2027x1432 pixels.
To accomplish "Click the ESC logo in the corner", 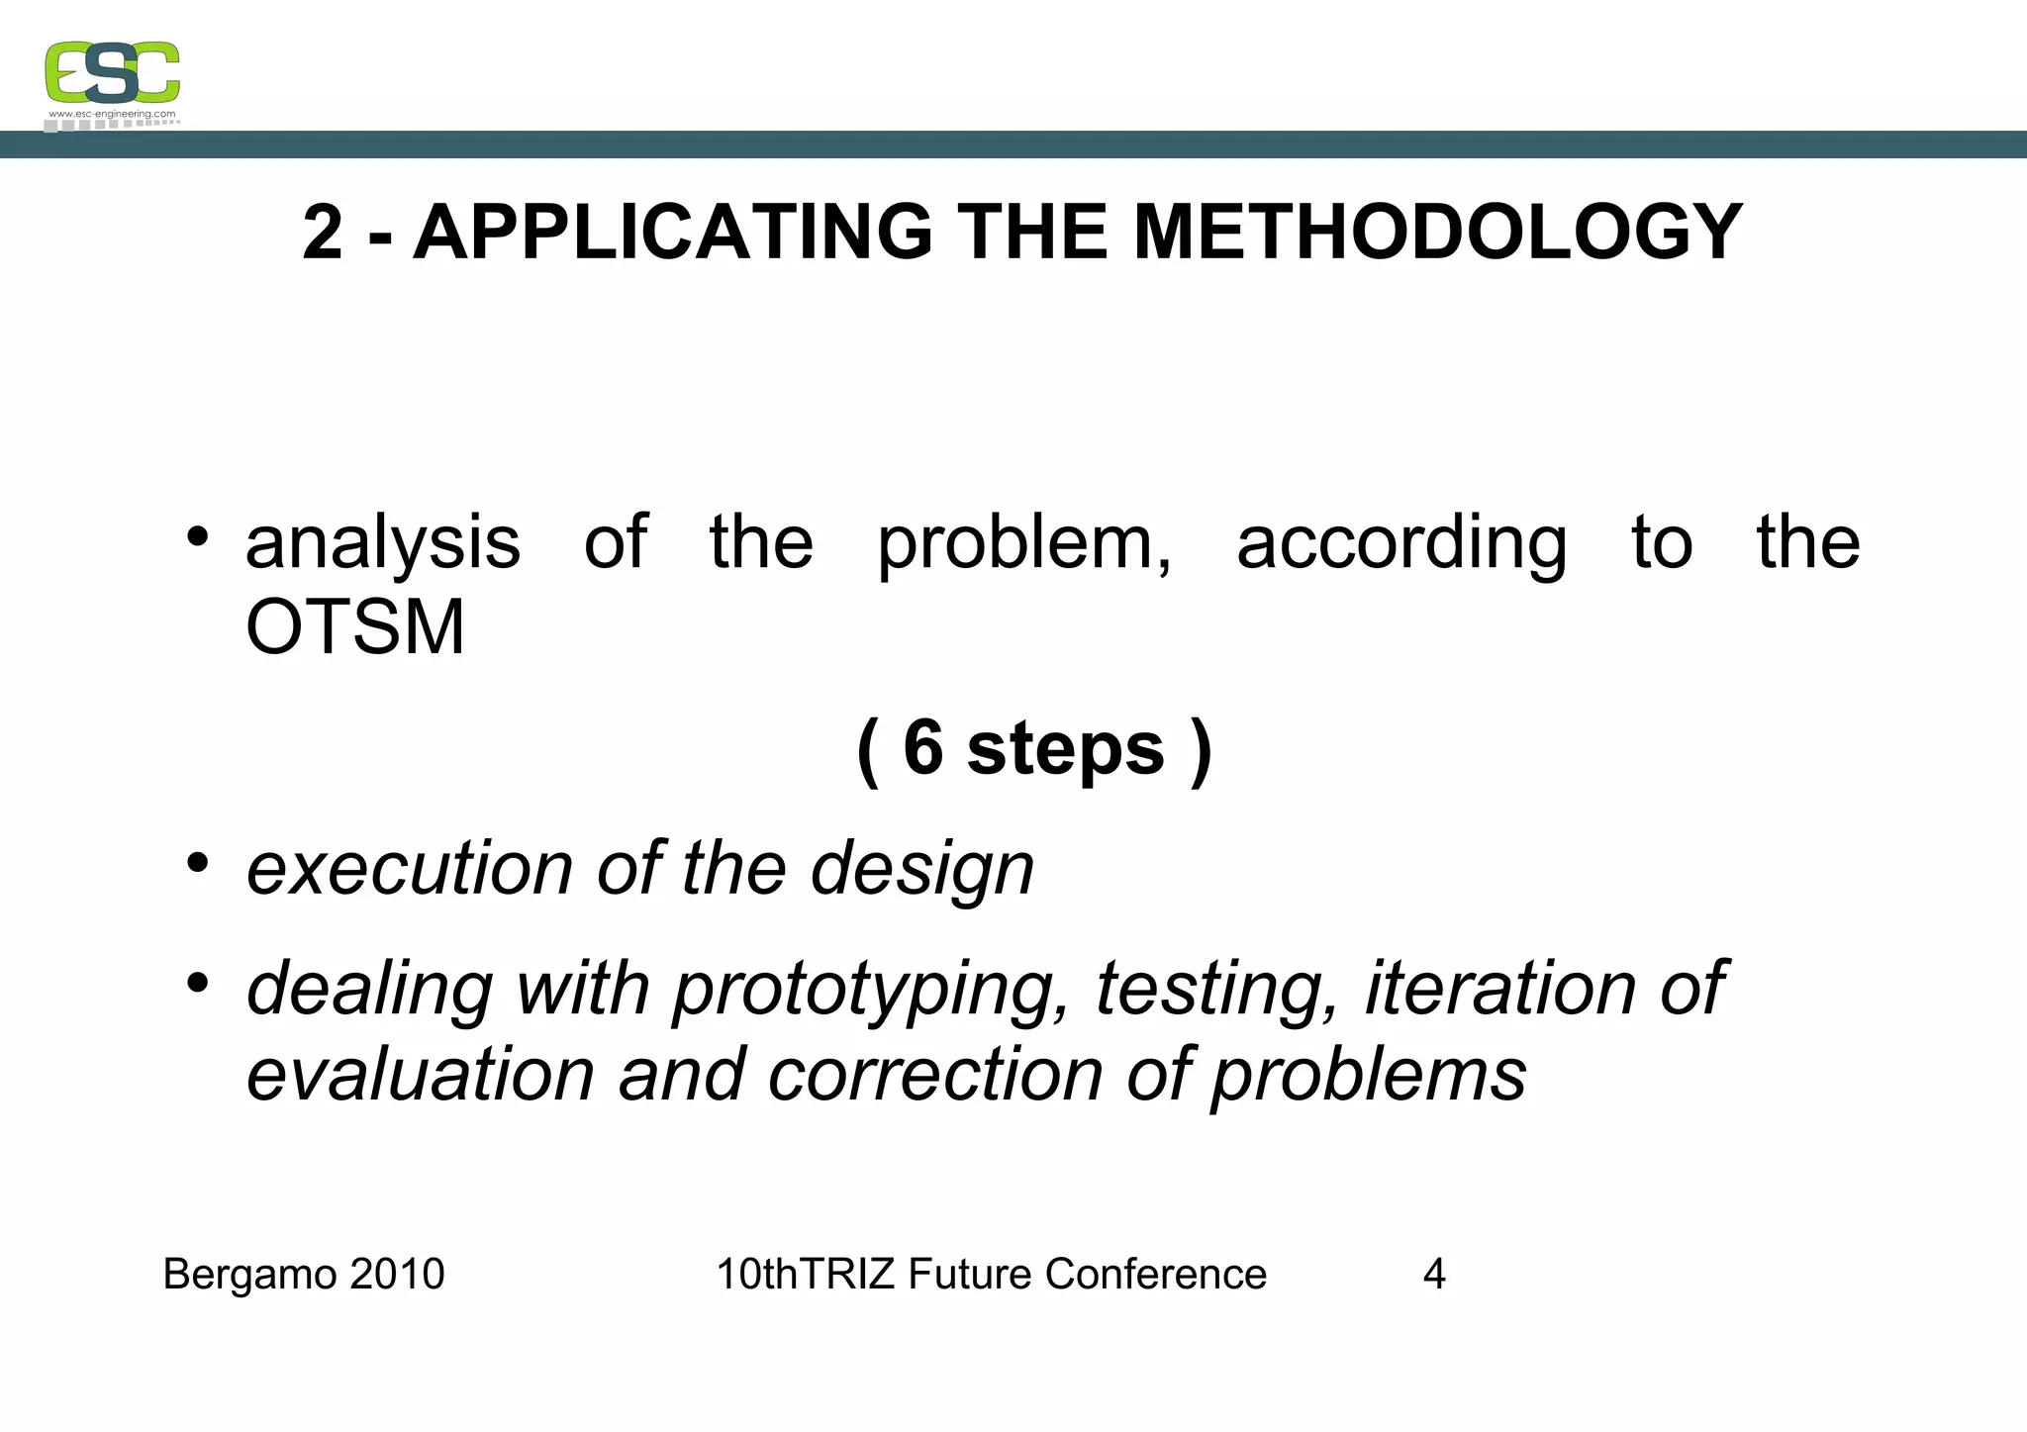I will [112, 72].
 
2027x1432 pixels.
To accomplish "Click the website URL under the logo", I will [112, 115].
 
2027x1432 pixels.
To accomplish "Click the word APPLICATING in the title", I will [672, 233].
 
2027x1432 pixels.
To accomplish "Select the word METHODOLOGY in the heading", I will [1437, 233].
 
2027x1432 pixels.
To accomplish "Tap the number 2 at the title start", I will [323, 233].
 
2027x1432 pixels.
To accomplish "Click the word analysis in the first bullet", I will [382, 543].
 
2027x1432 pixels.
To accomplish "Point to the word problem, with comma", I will [1024, 543].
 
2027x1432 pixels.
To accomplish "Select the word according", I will [1401, 543].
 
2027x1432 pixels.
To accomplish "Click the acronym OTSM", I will [354, 628].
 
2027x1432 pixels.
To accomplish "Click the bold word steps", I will [1065, 749].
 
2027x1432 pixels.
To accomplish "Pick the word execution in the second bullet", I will [410, 869].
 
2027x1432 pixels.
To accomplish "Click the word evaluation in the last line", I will [420, 1075].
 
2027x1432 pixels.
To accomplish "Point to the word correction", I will [935, 1075].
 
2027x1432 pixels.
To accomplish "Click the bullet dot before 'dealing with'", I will [198, 983].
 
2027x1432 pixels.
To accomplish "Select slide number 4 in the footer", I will [1434, 1274].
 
